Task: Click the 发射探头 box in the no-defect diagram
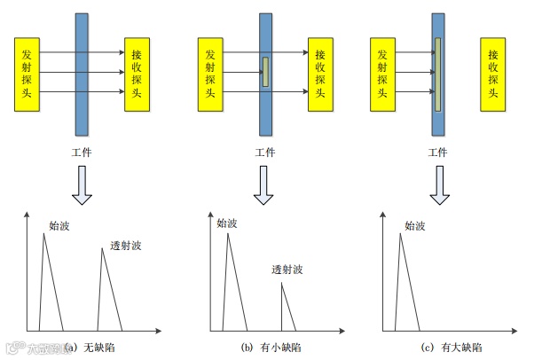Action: (28, 74)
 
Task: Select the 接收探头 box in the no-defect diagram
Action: (137, 74)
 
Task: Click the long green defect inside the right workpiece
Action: (437, 71)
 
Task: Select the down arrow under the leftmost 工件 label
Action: (82, 185)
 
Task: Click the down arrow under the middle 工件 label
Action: (263, 185)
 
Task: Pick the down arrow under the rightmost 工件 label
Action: (437, 185)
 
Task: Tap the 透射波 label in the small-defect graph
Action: (288, 269)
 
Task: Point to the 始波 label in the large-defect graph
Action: (415, 226)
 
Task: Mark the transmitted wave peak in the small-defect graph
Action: (282, 285)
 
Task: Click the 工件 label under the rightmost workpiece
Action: (437, 153)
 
